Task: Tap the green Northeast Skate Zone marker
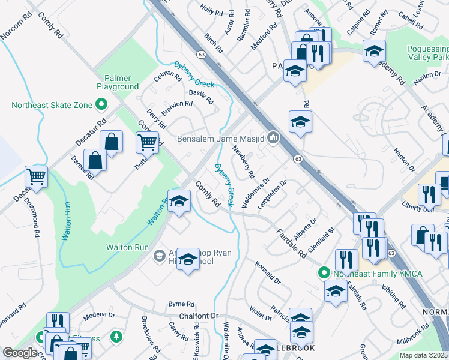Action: [x=101, y=106]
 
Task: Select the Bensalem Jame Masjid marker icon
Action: [x=274, y=139]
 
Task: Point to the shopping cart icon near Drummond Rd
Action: [x=37, y=176]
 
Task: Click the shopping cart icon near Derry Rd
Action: [x=147, y=142]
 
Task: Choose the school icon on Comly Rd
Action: [x=179, y=202]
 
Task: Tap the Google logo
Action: [x=20, y=353]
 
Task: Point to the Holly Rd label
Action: [x=211, y=10]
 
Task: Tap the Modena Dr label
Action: [x=99, y=315]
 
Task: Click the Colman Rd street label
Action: [x=167, y=77]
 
